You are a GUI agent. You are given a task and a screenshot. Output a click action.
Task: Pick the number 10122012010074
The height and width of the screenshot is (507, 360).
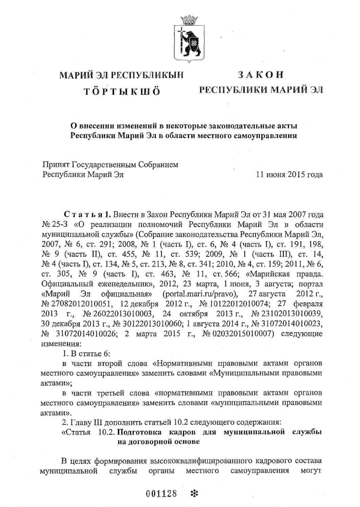(230, 302)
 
